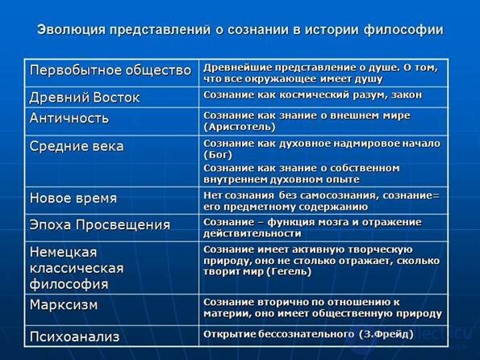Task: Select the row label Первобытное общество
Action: [111, 70]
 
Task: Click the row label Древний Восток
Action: [85, 98]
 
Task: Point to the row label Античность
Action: [69, 119]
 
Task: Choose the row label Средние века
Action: [77, 146]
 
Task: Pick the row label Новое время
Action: [73, 199]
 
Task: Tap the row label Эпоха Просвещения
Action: [100, 225]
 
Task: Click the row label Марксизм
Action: [64, 305]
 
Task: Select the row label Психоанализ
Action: [74, 337]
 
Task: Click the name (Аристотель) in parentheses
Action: [240, 127]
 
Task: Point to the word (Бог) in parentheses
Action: [218, 155]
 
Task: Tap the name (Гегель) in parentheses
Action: [289, 272]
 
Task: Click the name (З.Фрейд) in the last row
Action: [386, 334]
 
